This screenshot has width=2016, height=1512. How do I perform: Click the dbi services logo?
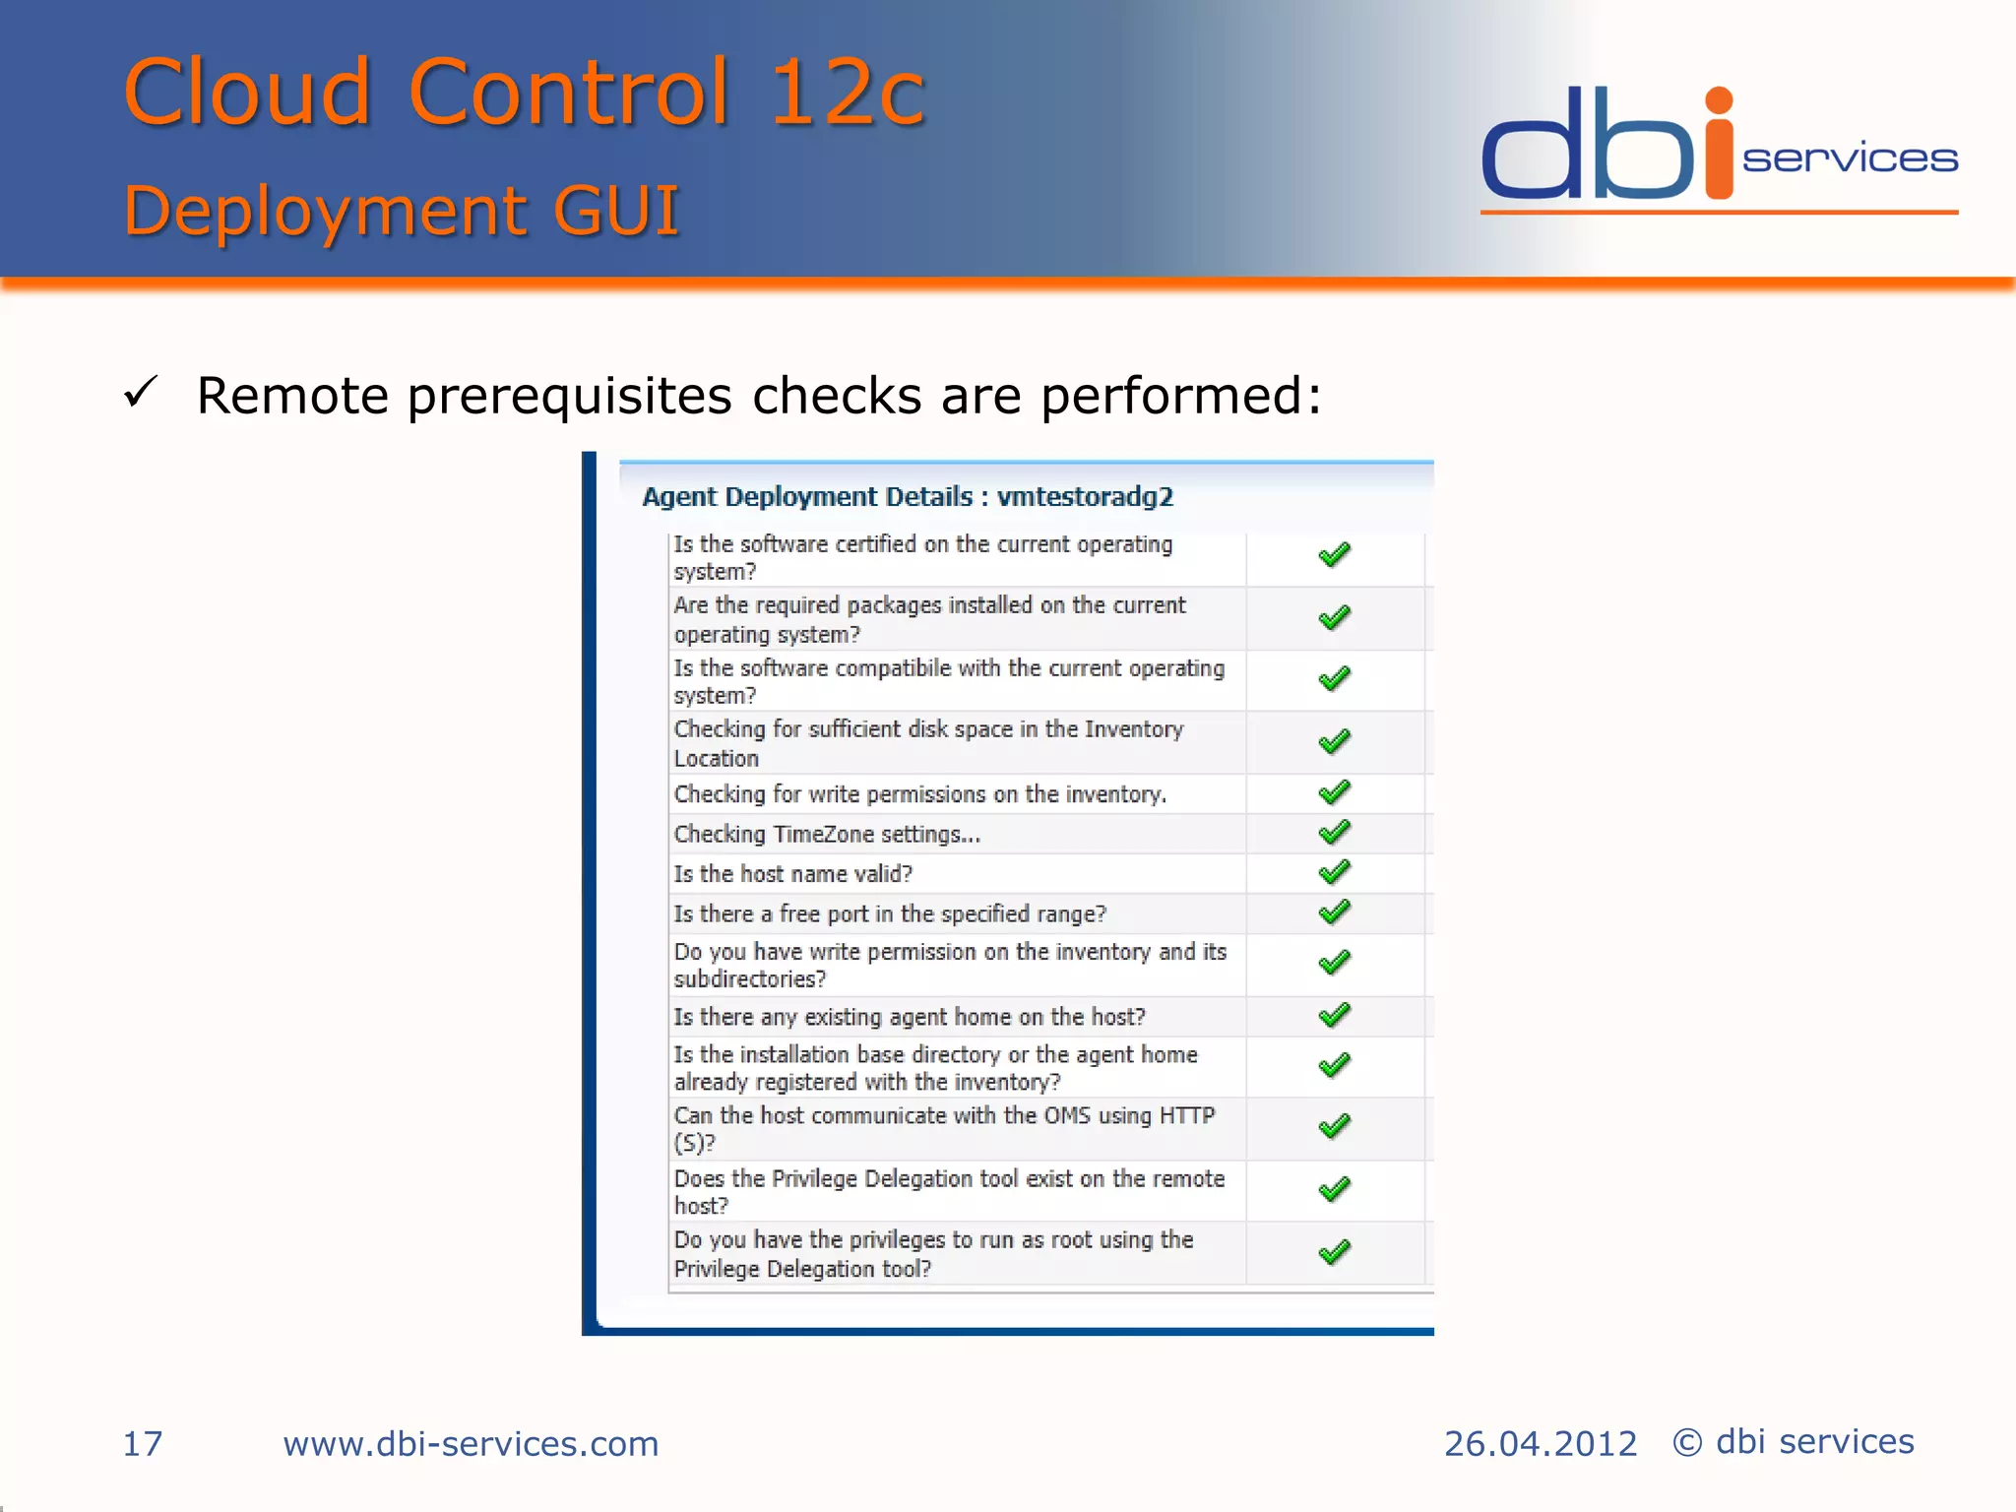click(x=1718, y=148)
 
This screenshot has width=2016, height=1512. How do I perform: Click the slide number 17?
click(x=142, y=1444)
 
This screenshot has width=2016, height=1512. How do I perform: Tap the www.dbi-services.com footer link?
click(x=471, y=1444)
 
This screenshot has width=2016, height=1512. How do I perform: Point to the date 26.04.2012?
click(x=1540, y=1444)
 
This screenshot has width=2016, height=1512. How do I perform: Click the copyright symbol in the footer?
click(x=1687, y=1443)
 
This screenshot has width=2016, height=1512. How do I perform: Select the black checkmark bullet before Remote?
click(x=141, y=393)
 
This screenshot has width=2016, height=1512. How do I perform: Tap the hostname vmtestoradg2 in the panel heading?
click(x=1085, y=496)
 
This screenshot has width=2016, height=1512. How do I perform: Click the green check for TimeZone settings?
click(x=1334, y=833)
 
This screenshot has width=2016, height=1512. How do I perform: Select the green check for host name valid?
click(x=1334, y=872)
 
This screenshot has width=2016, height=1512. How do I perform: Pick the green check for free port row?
click(x=1334, y=913)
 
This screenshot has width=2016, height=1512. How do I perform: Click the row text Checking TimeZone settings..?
click(x=827, y=835)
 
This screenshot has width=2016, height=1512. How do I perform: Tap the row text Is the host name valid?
click(x=792, y=874)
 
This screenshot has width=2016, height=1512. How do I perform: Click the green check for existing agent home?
click(x=1334, y=1015)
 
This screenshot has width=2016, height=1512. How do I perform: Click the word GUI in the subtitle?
click(x=616, y=211)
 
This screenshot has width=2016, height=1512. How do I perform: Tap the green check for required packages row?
click(x=1334, y=618)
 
